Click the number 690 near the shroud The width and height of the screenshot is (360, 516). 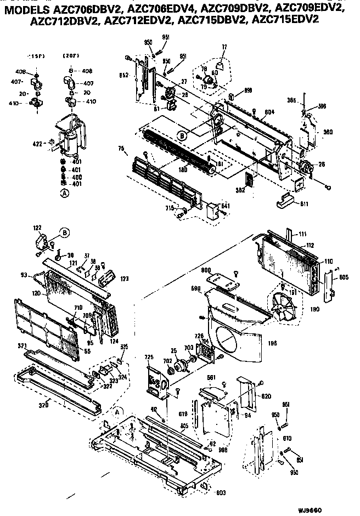point(196,287)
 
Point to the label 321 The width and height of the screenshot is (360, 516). point(22,347)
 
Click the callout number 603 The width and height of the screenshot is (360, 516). point(220,493)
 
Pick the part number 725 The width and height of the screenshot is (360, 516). point(148,358)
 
